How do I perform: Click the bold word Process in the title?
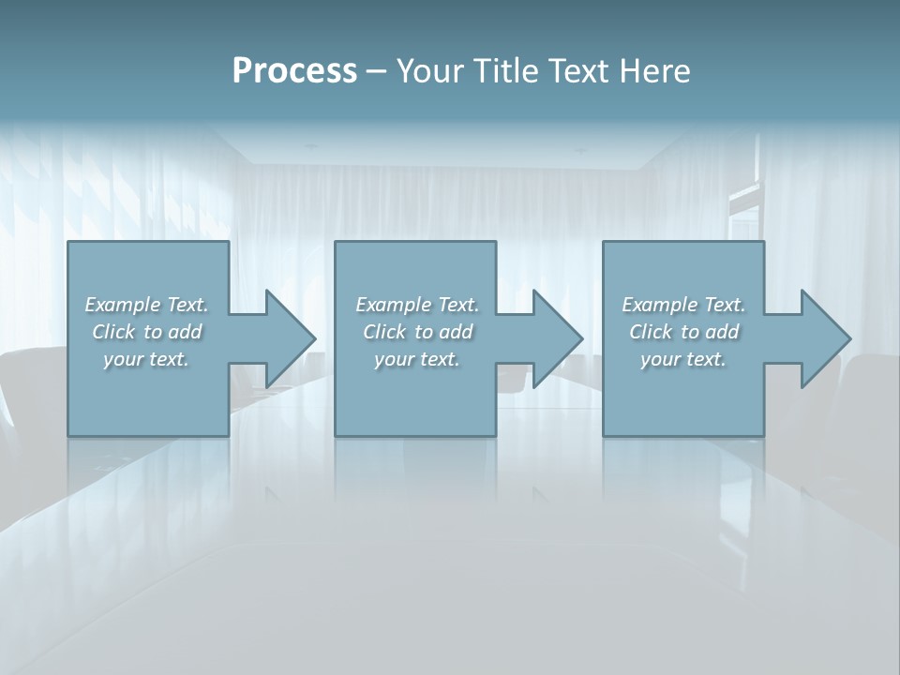coord(294,71)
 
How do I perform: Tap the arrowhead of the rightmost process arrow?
coord(824,338)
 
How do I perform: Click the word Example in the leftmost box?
coord(122,305)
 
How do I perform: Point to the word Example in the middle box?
coord(393,305)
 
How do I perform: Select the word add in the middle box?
coord(456,332)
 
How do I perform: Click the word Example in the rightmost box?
coord(659,305)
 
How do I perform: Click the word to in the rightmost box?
coord(690,332)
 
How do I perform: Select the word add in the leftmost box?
coord(185,332)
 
